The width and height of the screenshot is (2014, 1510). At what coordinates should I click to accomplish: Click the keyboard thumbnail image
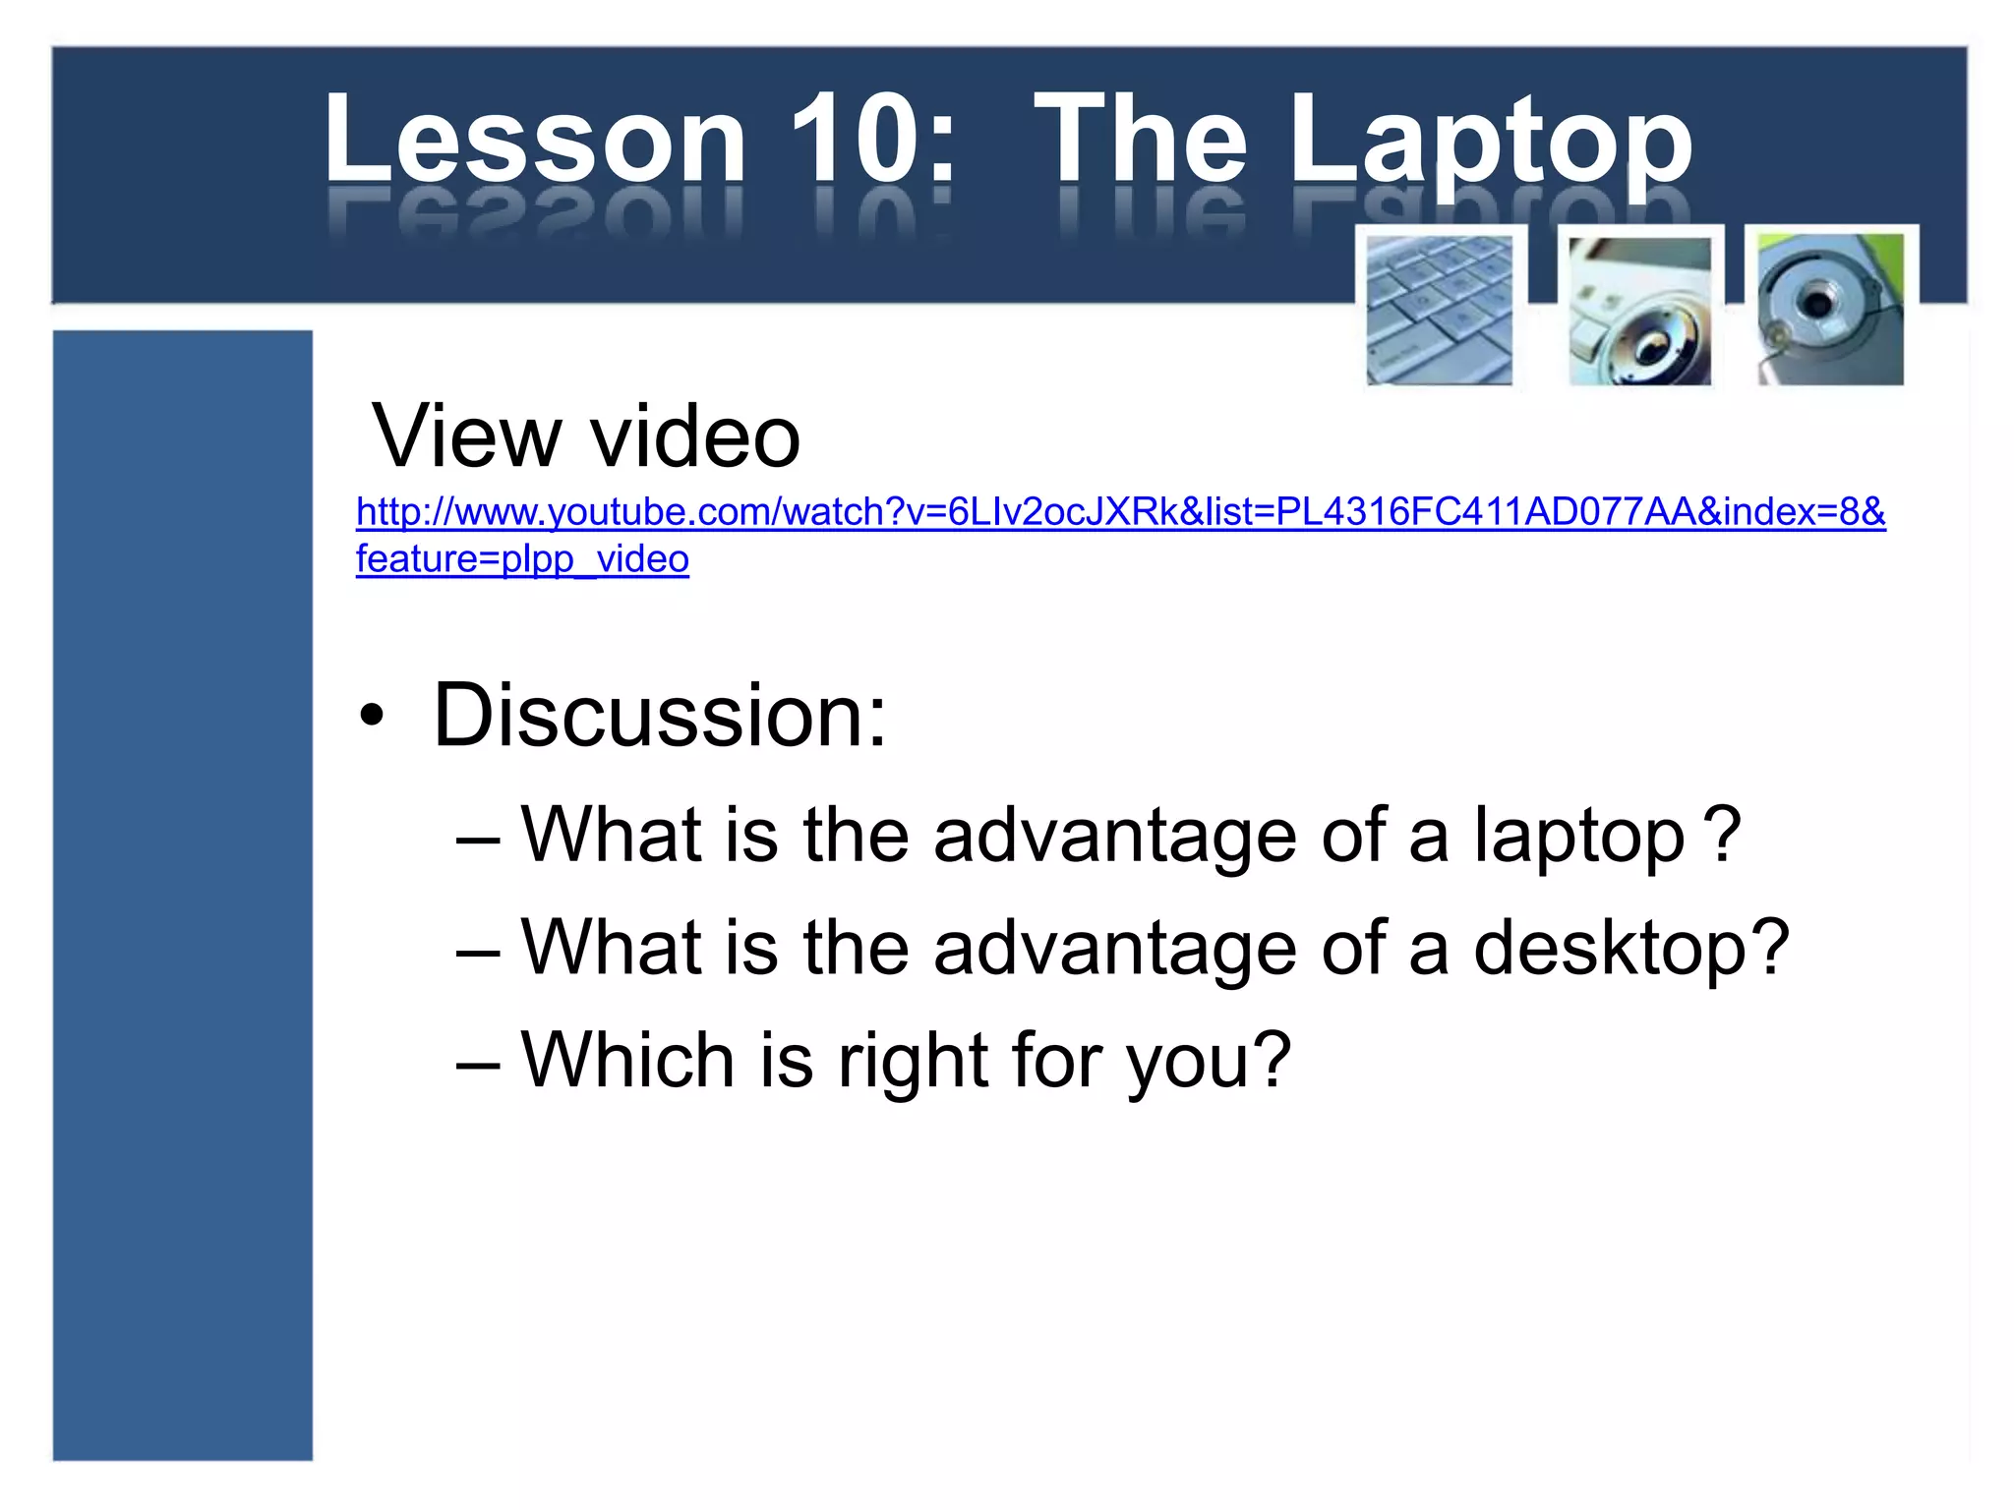click(1440, 310)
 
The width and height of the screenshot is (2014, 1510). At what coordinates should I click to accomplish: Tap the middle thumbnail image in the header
click(1639, 312)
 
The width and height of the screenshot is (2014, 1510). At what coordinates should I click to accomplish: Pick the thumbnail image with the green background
click(1831, 310)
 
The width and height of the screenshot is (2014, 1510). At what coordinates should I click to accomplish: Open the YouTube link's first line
click(1120, 512)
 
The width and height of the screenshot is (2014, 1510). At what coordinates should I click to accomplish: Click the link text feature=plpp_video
click(522, 559)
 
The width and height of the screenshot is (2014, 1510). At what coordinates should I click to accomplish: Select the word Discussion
click(660, 715)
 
